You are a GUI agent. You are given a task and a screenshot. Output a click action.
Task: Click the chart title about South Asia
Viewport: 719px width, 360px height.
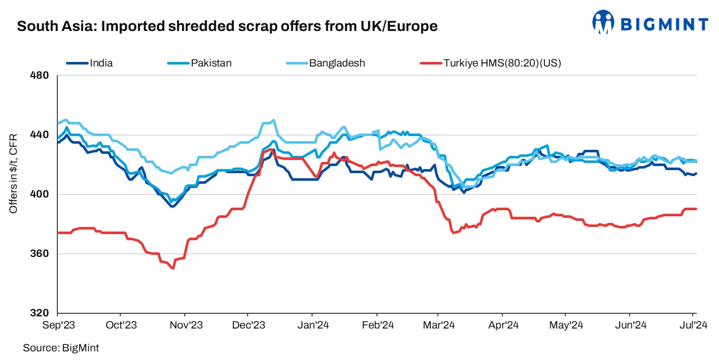click(x=227, y=26)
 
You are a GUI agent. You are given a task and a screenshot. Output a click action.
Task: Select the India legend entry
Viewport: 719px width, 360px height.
click(x=101, y=63)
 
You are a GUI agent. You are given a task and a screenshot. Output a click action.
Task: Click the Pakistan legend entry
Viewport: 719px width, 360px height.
click(x=211, y=63)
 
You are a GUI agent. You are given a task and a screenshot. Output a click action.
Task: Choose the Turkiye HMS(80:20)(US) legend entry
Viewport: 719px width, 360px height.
click(x=509, y=63)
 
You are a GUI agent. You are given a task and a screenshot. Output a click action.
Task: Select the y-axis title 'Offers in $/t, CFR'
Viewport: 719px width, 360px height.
click(x=14, y=173)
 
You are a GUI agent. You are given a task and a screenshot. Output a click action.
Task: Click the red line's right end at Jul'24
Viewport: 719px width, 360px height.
click(x=696, y=209)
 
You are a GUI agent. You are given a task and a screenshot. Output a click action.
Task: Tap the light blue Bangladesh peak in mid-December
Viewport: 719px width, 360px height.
click(x=274, y=120)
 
